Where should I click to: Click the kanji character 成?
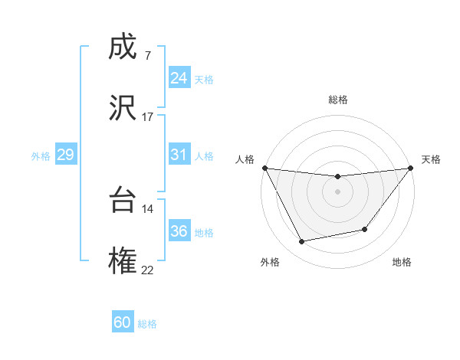[x=123, y=47]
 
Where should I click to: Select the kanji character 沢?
[x=123, y=109]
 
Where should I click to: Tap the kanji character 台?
[x=123, y=201]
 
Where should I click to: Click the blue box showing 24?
[x=179, y=78]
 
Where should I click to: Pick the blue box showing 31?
[x=179, y=155]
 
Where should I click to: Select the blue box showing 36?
[x=179, y=231]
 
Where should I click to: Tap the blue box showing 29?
[x=65, y=155]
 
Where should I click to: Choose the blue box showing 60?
[x=123, y=322]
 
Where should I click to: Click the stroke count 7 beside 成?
[x=147, y=55]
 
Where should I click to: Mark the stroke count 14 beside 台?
[x=147, y=208]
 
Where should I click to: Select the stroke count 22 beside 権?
[x=147, y=270]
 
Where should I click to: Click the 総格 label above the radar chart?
[x=338, y=100]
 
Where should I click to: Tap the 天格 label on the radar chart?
[x=431, y=159]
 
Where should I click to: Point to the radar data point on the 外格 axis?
[x=302, y=242]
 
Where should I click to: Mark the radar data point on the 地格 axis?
[x=365, y=229]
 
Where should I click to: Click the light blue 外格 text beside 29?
[x=41, y=155]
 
